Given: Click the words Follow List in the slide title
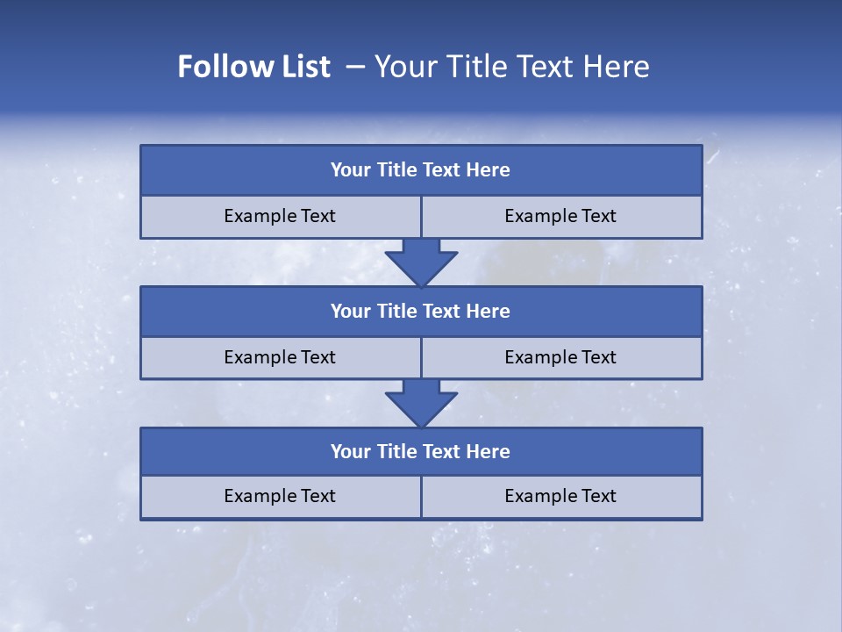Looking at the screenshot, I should click(x=253, y=67).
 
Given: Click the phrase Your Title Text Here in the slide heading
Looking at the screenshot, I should click(x=511, y=67).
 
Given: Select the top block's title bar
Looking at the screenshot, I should click(x=421, y=170).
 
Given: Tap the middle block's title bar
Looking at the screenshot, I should click(x=421, y=311).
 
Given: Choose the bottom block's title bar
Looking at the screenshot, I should click(x=421, y=451).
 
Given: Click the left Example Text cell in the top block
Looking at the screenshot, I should click(x=280, y=216).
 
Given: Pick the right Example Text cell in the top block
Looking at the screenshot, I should click(x=560, y=216).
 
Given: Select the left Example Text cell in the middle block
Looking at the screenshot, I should click(x=280, y=357).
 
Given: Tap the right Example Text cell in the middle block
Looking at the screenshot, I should click(x=560, y=357).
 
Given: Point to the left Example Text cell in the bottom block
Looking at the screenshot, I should click(x=280, y=496).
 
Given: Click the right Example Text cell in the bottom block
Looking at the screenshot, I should click(x=560, y=496).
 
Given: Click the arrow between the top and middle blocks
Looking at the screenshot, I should click(x=421, y=262).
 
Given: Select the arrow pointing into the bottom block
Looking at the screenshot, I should click(x=421, y=404).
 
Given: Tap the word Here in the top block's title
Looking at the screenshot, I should click(x=489, y=170).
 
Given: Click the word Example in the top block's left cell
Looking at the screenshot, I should click(x=259, y=216).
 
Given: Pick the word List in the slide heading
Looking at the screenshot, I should click(x=301, y=67).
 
